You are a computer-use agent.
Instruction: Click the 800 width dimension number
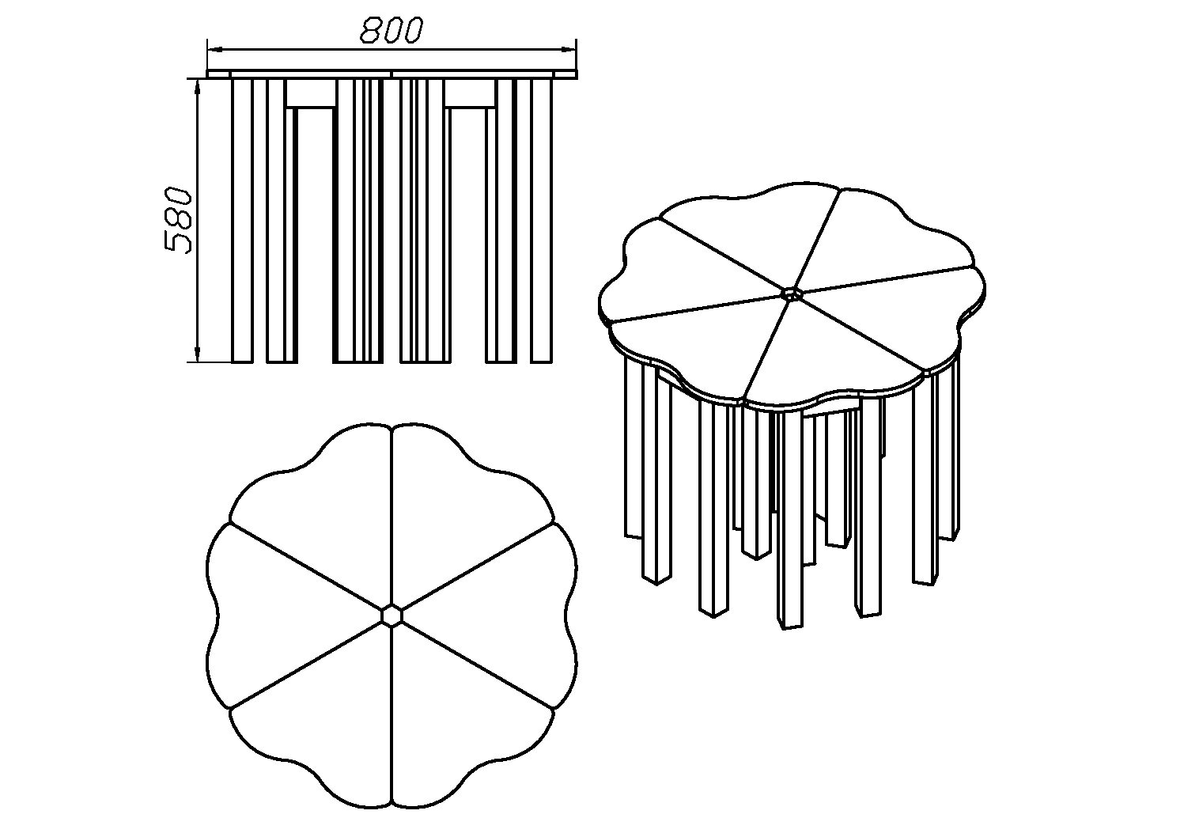point(392,30)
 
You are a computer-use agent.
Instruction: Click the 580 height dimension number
point(178,220)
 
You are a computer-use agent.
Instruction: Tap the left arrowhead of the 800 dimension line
point(218,50)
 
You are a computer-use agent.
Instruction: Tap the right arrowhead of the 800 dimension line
point(566,50)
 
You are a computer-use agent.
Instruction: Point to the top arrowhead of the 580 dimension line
point(198,90)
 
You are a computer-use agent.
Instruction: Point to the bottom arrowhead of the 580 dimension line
point(198,351)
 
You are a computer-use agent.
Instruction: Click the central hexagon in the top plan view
point(392,615)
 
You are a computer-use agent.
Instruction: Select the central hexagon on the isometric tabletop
point(791,294)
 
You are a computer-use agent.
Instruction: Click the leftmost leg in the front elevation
point(243,221)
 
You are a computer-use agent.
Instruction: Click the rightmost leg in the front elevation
point(541,221)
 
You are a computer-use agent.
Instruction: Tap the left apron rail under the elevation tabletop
point(312,93)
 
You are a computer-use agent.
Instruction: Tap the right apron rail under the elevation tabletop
point(471,93)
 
